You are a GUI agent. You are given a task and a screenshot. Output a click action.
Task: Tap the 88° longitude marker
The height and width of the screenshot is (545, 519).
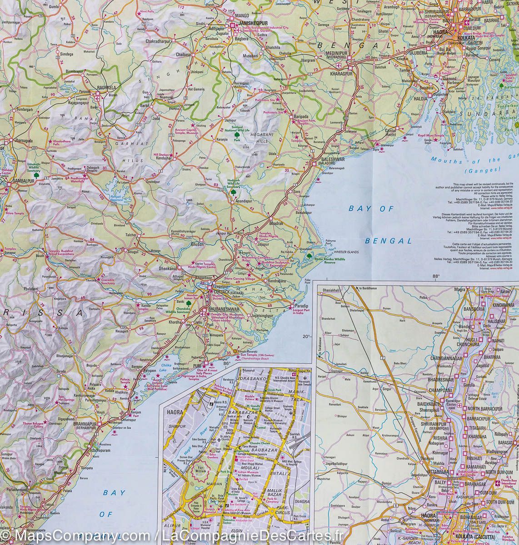436,276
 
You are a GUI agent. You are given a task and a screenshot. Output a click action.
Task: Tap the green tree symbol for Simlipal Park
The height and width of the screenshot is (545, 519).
237,134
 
